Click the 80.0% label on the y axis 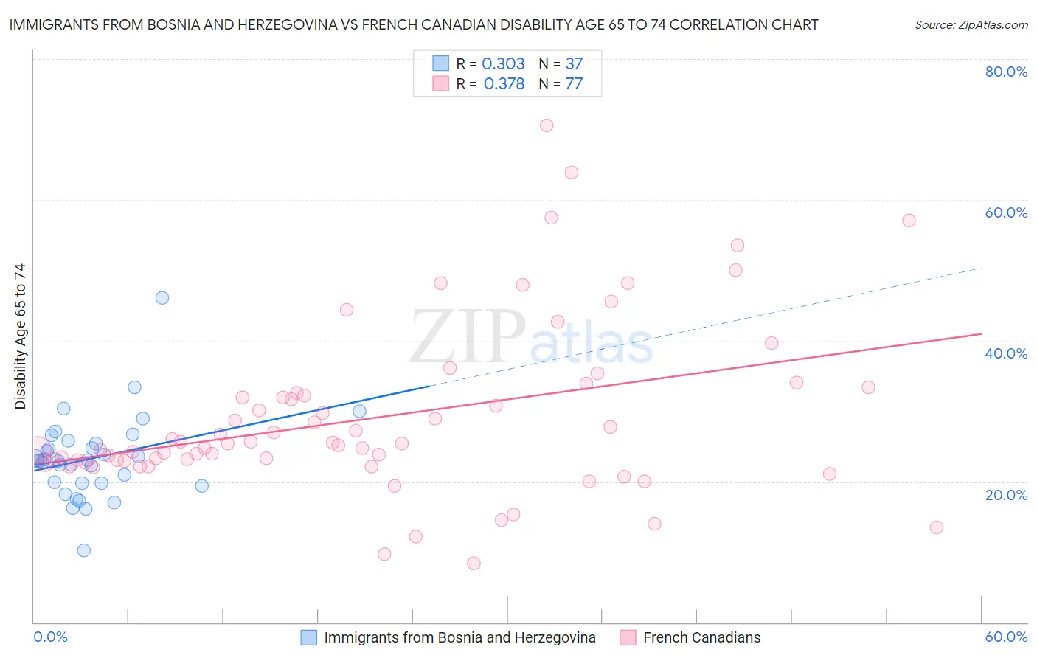click(1006, 72)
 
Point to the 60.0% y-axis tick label click(1006, 212)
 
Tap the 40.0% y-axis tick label click(1006, 353)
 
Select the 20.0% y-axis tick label click(1006, 495)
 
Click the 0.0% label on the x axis click(50, 637)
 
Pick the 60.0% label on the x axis click(1006, 637)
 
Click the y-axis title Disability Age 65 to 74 click(20, 336)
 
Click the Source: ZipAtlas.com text click(971, 24)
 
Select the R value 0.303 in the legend click(503, 64)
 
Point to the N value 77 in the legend click(574, 84)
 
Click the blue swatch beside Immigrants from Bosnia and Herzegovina click(309, 637)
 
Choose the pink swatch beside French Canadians click(628, 637)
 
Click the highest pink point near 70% click(547, 125)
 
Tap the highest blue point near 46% click(162, 298)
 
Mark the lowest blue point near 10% click(84, 550)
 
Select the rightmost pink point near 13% click(937, 527)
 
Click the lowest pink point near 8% click(474, 564)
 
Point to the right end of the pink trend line click(981, 334)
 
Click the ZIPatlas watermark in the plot click(531, 338)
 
